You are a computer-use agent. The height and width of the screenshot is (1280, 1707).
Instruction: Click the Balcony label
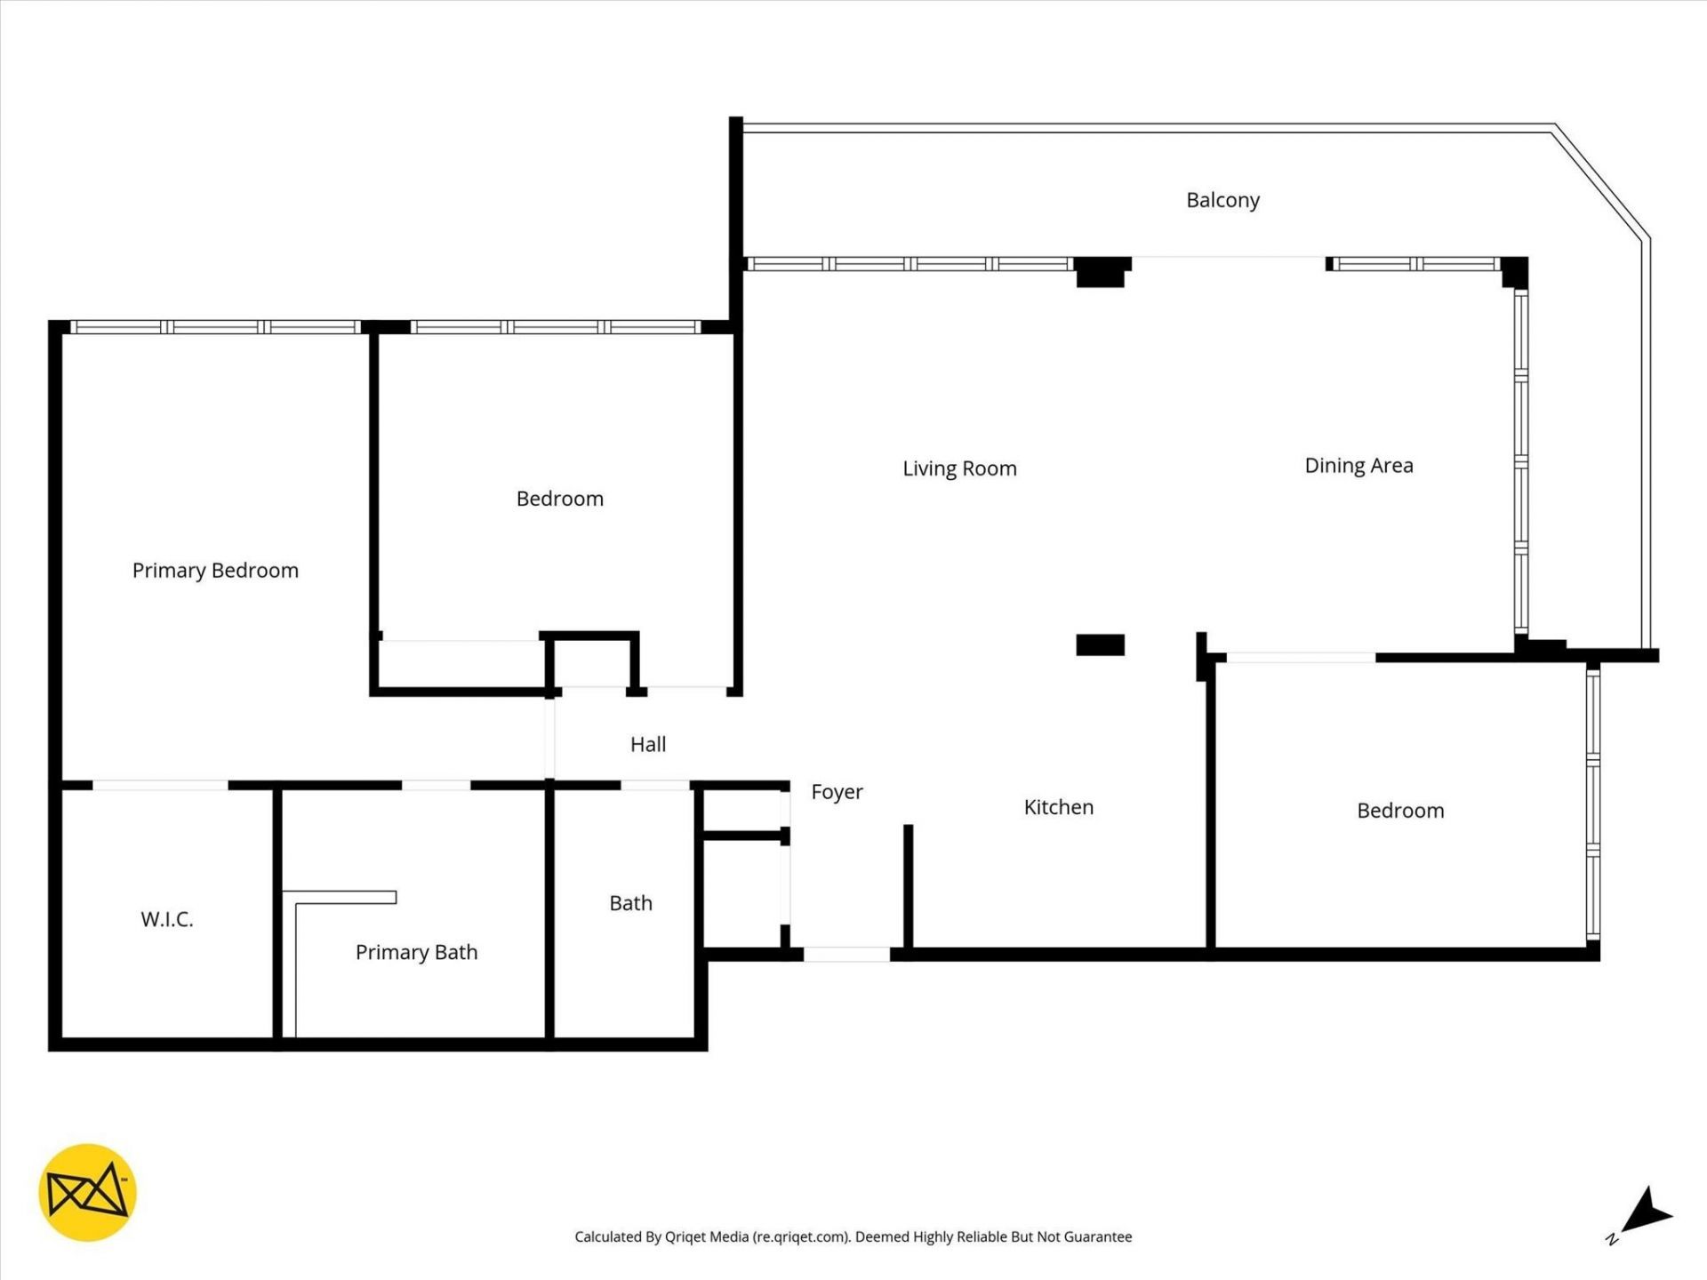pos(1222,200)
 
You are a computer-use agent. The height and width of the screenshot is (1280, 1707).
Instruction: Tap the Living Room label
pos(959,468)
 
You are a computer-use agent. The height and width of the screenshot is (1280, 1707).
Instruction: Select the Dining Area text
pos(1358,466)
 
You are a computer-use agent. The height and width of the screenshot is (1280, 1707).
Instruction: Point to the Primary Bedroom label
pos(215,571)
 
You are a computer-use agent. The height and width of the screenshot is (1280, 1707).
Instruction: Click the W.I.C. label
pos(167,919)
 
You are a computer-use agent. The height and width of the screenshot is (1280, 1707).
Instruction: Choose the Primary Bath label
pos(416,952)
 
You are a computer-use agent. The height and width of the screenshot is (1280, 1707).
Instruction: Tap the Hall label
pos(648,745)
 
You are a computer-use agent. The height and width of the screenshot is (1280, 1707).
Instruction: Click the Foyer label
pos(837,792)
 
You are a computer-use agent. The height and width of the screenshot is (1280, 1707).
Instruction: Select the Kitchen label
pos(1058,807)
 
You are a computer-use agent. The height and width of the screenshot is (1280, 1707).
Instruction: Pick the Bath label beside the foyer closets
pos(630,903)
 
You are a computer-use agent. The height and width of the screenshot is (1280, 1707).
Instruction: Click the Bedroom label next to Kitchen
pos(1400,811)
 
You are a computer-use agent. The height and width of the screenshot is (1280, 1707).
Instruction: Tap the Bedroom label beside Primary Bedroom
pos(560,499)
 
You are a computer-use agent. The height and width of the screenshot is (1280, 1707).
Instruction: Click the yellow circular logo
pos(87,1192)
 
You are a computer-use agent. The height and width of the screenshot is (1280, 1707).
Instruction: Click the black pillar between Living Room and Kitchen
pos(1100,644)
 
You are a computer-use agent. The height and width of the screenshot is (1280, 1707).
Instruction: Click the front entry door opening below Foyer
pos(846,955)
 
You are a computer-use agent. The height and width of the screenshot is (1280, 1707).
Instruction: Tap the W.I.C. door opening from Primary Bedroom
pos(160,786)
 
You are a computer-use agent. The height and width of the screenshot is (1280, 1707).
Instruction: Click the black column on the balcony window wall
pos(1102,270)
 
